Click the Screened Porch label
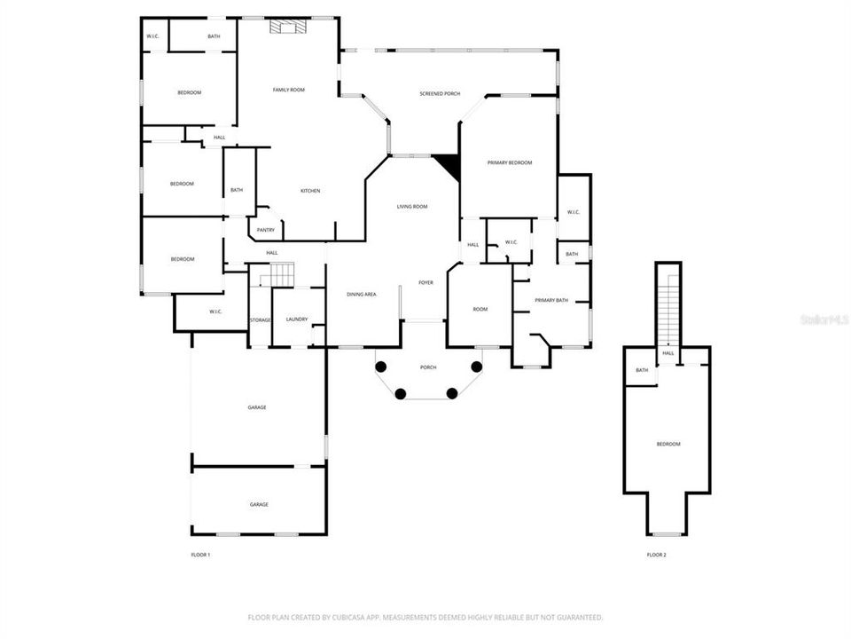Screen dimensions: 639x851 coord(440,93)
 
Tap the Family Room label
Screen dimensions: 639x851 coord(288,90)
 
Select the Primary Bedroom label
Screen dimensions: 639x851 coord(510,162)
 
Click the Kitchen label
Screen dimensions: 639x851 coord(310,191)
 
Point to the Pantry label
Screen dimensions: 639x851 coord(265,230)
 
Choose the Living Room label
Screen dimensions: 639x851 coord(413,206)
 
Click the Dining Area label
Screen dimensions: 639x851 coord(362,294)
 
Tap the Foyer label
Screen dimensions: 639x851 coord(426,282)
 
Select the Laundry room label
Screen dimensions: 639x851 coord(296,319)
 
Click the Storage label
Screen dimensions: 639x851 coord(260,319)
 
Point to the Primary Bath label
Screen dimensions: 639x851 coord(551,300)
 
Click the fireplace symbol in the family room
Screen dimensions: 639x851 coord(286,28)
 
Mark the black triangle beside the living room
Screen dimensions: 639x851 coord(448,165)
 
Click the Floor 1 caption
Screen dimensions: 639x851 coord(200,555)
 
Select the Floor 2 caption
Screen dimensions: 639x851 coord(656,555)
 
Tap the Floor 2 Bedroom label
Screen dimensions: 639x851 coord(668,444)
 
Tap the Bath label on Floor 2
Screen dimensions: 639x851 coord(642,370)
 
